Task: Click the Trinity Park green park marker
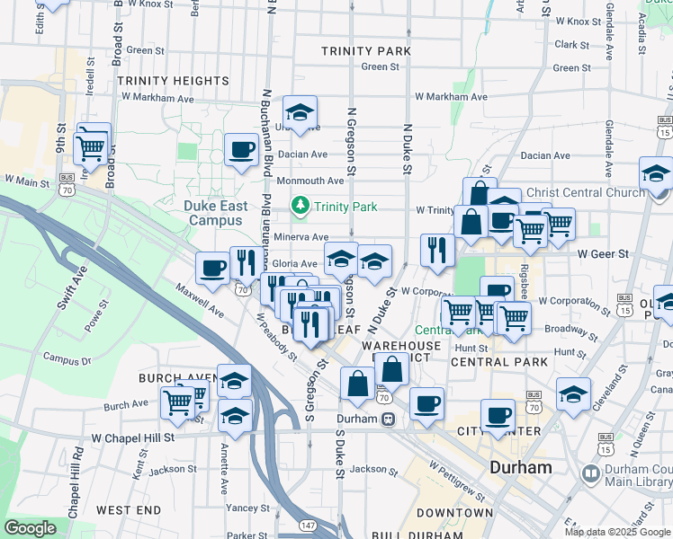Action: pyautogui.click(x=301, y=207)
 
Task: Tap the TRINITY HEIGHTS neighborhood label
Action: pyautogui.click(x=174, y=81)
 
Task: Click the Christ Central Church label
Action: pyautogui.click(x=585, y=192)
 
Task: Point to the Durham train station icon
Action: pyautogui.click(x=388, y=419)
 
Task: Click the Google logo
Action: pyautogui.click(x=31, y=528)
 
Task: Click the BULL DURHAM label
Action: pyautogui.click(x=448, y=535)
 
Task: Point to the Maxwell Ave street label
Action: pyautogui.click(x=200, y=300)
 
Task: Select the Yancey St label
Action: pyautogui.click(x=242, y=508)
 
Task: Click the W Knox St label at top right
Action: pyautogui.click(x=578, y=21)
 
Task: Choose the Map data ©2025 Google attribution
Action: pyautogui.click(x=615, y=532)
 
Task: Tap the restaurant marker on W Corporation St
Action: pyautogui.click(x=437, y=251)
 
